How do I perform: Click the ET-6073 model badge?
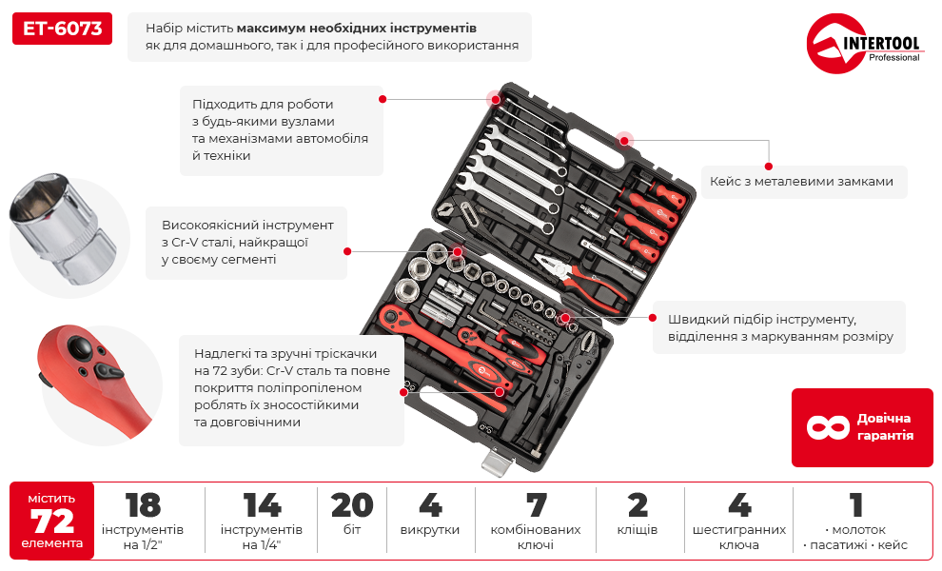63,30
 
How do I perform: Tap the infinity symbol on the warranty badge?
827,427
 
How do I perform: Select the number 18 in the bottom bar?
143,505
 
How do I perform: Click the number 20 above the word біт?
352,505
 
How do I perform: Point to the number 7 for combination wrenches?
536,505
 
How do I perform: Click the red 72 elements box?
52,521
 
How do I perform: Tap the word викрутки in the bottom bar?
430,530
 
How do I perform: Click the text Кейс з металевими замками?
801,181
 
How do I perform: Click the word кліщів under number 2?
638,530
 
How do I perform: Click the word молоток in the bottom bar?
859,529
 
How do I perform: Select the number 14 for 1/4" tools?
262,505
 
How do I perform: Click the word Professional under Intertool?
893,58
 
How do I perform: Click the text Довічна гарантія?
884,427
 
